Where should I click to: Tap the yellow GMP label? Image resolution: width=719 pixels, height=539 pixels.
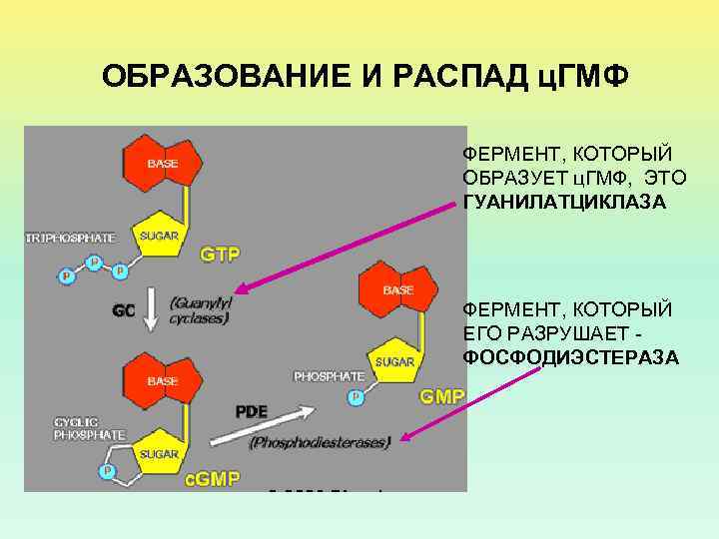point(442,396)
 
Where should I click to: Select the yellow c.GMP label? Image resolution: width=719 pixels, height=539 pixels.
point(213,478)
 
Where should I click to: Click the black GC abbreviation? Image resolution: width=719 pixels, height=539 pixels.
point(124,310)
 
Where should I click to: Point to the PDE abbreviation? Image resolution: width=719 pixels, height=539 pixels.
point(251,410)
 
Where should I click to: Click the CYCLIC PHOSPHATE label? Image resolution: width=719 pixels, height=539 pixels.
point(89,428)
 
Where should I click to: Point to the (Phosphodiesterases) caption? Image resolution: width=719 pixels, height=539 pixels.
point(319,442)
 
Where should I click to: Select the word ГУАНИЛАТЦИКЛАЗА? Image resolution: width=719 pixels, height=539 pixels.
point(564,203)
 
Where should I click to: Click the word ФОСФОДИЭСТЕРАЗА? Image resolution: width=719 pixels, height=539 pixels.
point(570,356)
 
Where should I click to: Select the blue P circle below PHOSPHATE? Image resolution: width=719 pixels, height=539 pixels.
point(356,397)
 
